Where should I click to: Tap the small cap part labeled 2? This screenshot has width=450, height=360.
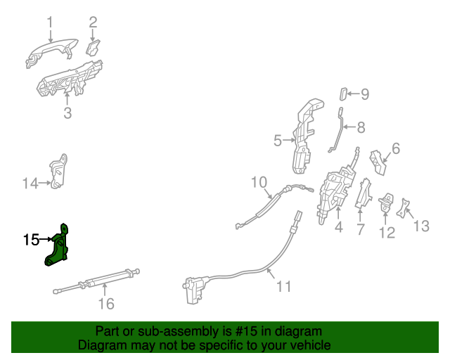(x=93, y=47)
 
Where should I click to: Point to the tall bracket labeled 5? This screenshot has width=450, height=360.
(x=307, y=137)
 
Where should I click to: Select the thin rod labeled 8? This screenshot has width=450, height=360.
(x=338, y=130)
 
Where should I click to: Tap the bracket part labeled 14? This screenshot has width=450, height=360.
(x=59, y=172)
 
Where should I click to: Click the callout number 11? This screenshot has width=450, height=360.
(x=283, y=286)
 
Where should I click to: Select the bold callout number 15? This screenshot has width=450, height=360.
(x=30, y=240)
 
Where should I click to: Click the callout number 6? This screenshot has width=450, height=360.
(x=396, y=148)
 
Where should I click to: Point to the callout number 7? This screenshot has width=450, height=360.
(x=360, y=230)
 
